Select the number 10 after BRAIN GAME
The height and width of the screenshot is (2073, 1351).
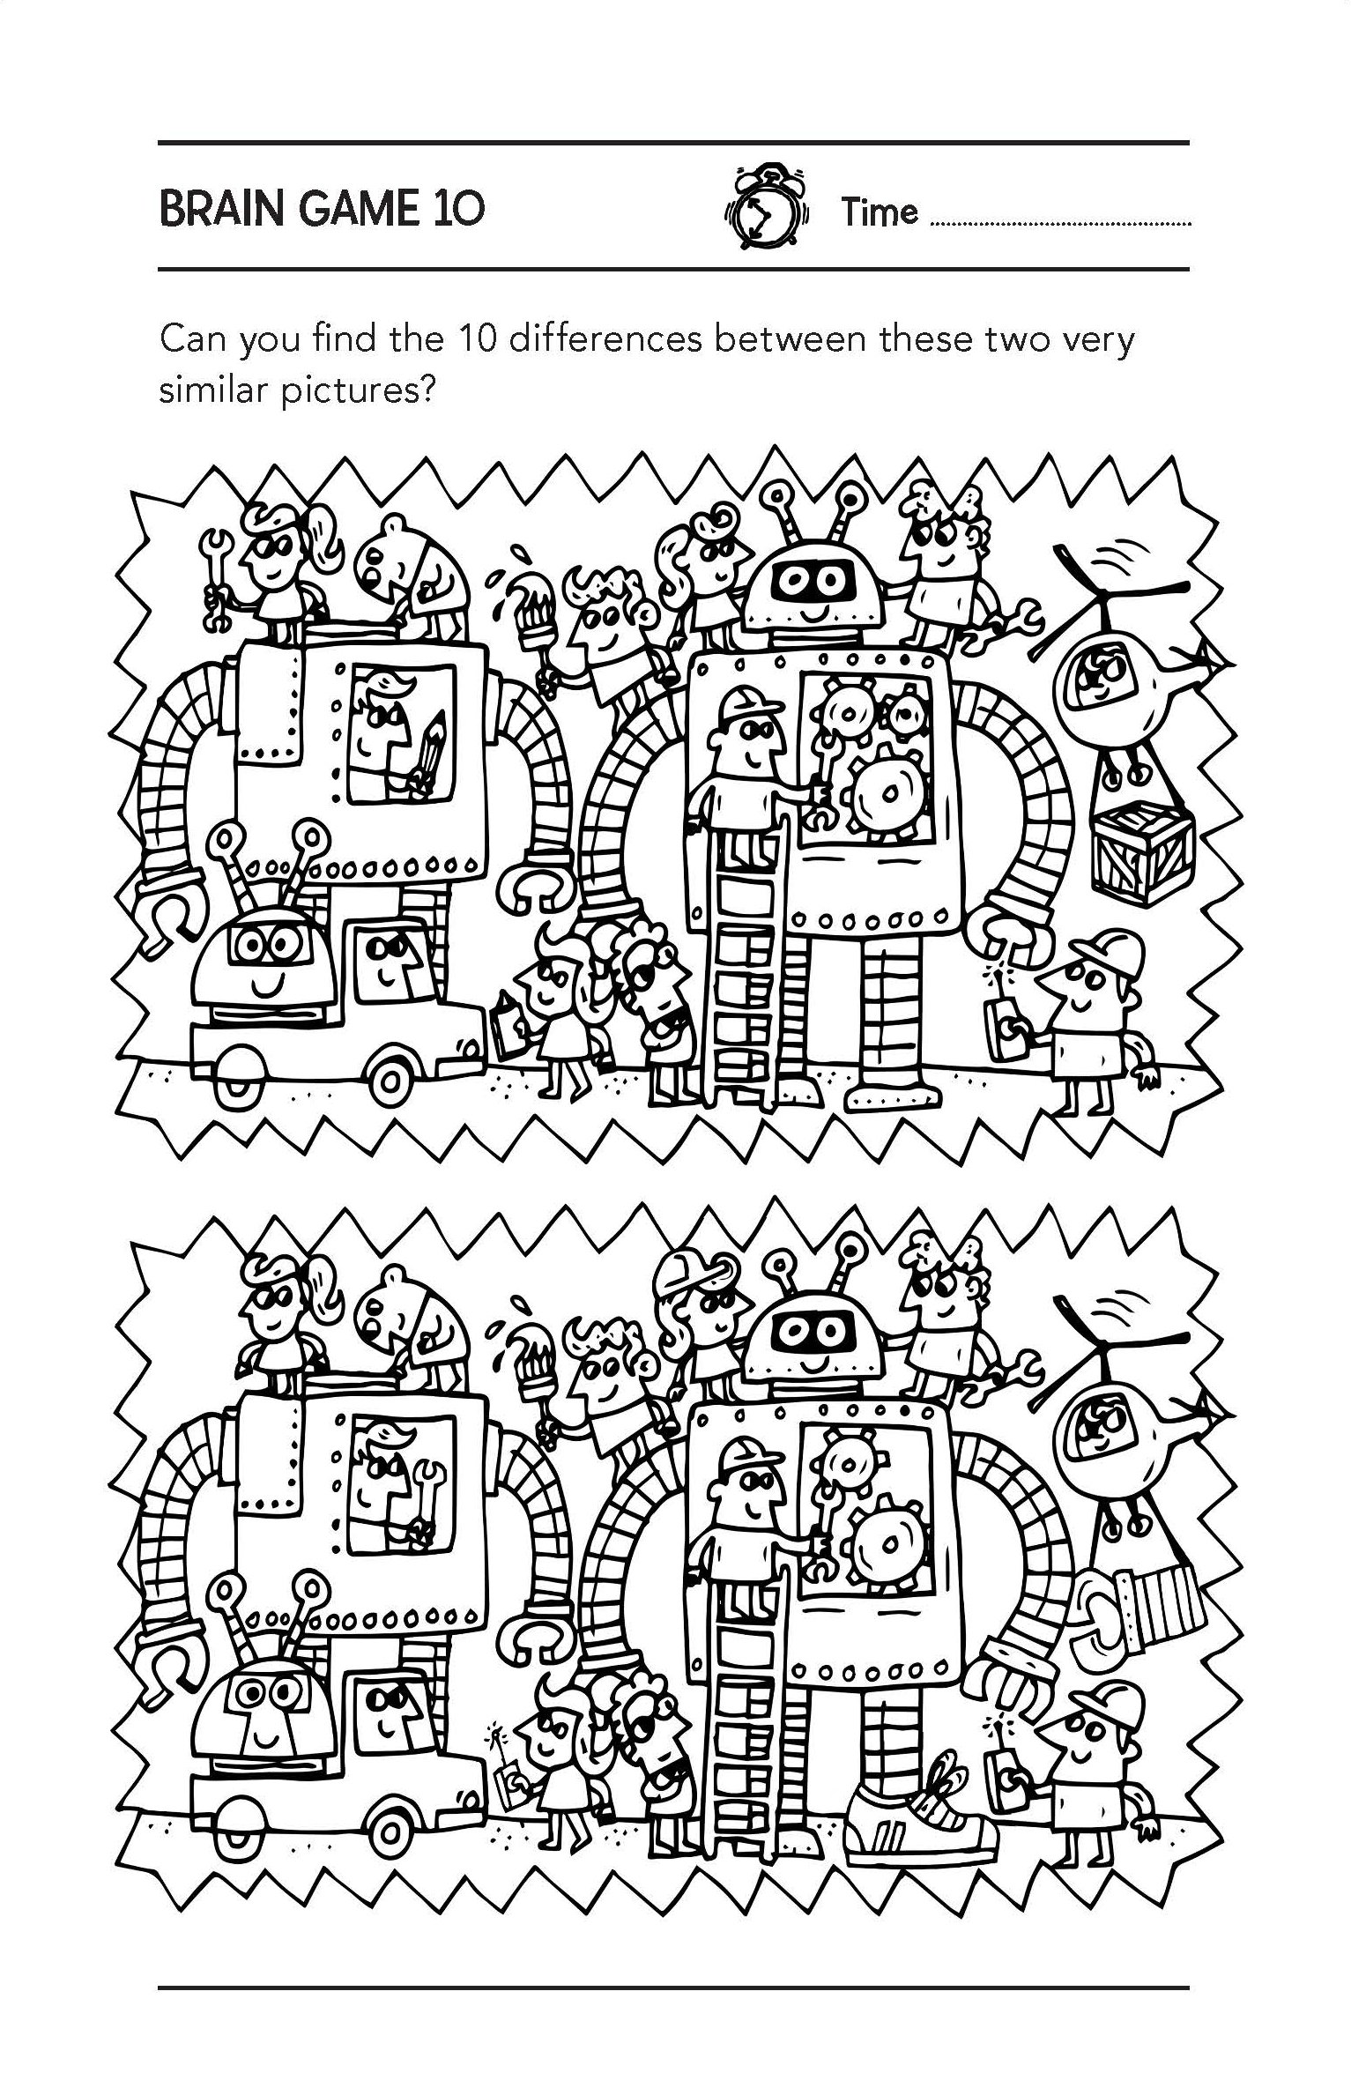click(457, 210)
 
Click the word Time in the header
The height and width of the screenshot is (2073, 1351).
click(879, 212)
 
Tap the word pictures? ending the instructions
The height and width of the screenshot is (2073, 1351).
click(360, 390)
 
